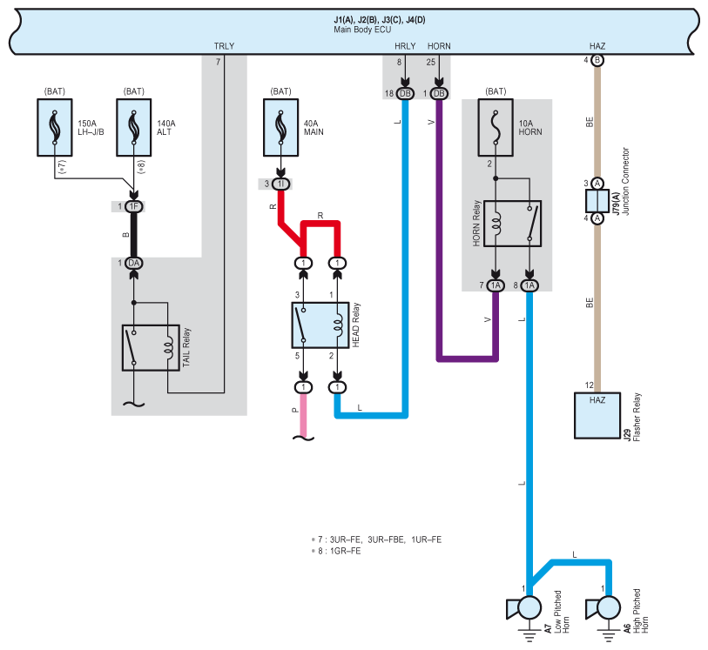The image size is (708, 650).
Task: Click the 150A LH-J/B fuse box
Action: point(55,128)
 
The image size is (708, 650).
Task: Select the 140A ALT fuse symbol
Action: point(133,128)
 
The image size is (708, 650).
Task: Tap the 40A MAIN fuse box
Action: point(281,128)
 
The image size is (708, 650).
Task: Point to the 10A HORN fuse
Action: point(496,128)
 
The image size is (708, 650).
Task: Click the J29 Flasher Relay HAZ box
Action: point(597,415)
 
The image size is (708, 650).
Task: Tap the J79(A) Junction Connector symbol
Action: point(597,201)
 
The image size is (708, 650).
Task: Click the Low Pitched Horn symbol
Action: point(524,608)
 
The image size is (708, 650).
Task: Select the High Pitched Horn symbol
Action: point(603,608)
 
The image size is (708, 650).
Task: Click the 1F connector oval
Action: point(133,206)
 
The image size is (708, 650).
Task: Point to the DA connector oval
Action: point(133,263)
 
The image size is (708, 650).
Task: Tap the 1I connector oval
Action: point(281,184)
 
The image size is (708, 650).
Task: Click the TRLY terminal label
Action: point(224,46)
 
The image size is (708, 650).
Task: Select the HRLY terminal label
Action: point(405,46)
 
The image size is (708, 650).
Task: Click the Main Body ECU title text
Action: point(362,30)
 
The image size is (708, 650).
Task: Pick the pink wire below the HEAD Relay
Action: point(303,415)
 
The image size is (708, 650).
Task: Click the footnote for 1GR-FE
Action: point(336,551)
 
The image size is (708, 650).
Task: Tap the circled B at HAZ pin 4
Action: point(597,60)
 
